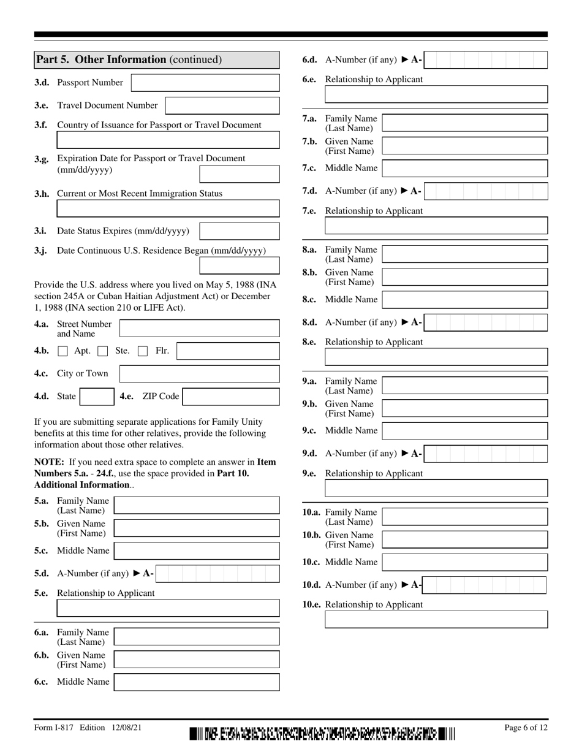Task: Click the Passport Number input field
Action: point(205,83)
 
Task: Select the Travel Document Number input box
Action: point(222,105)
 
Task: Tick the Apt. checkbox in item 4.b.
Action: point(62,351)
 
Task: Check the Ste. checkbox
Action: point(103,351)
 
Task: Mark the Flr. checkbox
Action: point(143,351)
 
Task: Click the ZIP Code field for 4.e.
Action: point(231,397)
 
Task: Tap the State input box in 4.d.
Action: point(97,397)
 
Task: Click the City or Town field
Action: point(199,374)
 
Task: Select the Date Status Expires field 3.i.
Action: point(240,231)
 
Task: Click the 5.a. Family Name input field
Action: point(197,505)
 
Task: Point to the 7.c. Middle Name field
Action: point(464,168)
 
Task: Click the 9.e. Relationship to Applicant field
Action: point(436,488)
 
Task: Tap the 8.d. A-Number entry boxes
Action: point(485,322)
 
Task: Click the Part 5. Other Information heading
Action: point(129,59)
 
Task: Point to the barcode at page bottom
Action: point(323,733)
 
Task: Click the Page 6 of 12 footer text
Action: point(526,728)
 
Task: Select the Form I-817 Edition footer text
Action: point(88,728)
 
